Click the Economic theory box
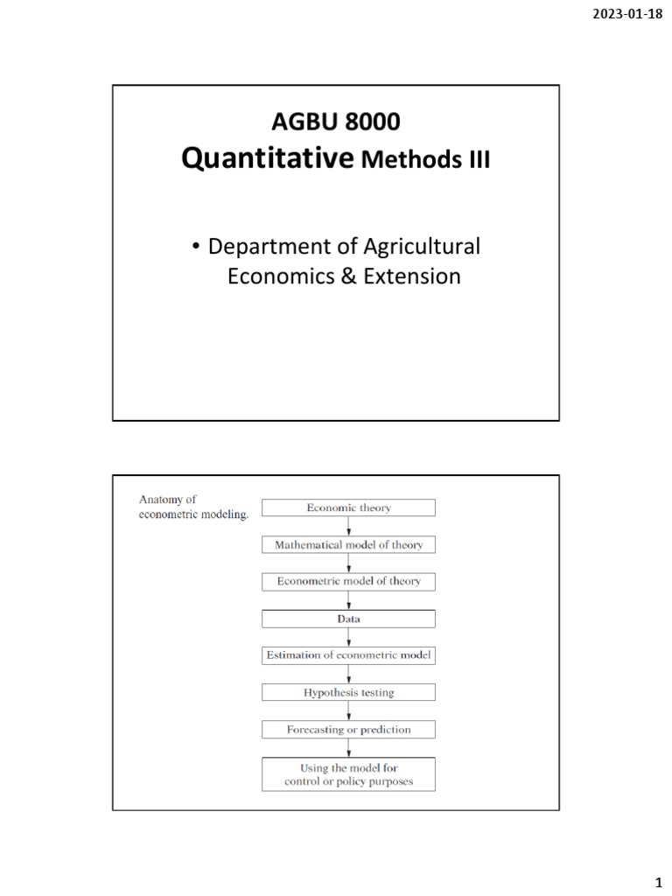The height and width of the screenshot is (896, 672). pyautogui.click(x=349, y=507)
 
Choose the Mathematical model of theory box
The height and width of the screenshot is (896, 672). pyautogui.click(x=349, y=544)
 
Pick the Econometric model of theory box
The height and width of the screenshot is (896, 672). pyautogui.click(x=349, y=581)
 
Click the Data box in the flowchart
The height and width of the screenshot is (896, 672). pyautogui.click(x=349, y=619)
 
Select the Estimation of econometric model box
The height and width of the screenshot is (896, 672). pyautogui.click(x=349, y=654)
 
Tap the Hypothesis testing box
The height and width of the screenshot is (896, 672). pyautogui.click(x=349, y=692)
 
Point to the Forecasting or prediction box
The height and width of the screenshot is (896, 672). pyautogui.click(x=349, y=729)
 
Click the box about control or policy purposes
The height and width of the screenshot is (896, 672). pyautogui.click(x=349, y=773)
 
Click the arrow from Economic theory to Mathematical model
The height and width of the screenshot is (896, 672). pyautogui.click(x=349, y=526)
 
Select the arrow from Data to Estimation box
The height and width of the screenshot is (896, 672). pyautogui.click(x=349, y=637)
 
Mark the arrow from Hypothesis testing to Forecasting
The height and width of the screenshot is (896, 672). pyautogui.click(x=349, y=710)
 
